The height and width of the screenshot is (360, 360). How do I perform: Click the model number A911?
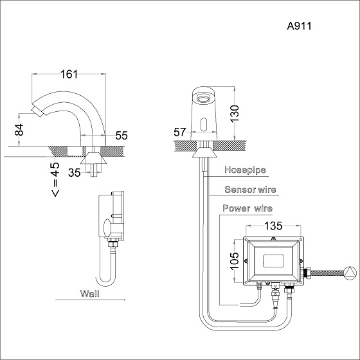300,26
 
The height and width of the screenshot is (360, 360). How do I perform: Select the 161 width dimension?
69,74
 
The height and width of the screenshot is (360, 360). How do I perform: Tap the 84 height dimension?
19,130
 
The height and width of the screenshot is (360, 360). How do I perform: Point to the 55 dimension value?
122,136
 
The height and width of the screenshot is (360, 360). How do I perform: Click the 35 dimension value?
75,173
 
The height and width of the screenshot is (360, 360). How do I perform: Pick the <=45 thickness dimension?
55,179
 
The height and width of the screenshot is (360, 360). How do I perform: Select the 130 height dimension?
235,114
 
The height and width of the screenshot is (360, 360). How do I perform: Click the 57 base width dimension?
179,132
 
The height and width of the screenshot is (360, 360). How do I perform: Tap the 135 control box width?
273,226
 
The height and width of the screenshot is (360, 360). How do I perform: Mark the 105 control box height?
235,261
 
